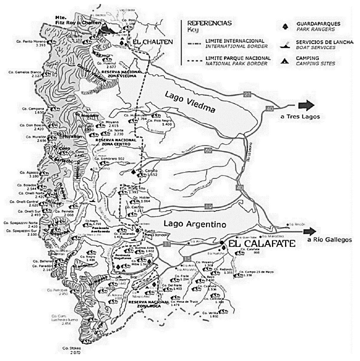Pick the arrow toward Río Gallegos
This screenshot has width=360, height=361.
click(x=310, y=231)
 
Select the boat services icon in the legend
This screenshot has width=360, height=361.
click(x=283, y=45)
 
